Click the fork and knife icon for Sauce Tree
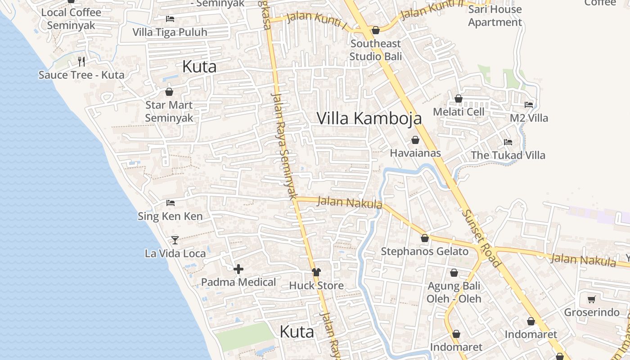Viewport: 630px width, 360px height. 81,61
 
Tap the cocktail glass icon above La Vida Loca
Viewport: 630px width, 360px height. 175,240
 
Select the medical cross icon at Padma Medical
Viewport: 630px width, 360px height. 238,269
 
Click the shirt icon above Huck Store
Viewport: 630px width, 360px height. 316,272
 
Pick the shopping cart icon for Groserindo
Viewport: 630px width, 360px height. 592,299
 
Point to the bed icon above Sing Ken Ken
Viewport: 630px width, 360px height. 170,203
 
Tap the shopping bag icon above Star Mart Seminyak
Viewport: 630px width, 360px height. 169,92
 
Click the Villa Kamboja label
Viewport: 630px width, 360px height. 369,118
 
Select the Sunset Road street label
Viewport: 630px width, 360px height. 481,238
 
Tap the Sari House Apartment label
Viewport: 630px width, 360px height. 495,16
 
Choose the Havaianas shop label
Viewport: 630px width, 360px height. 415,153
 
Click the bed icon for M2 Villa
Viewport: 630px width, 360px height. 529,105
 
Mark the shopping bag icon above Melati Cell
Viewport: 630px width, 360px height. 459,99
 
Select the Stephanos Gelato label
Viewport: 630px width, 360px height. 424,251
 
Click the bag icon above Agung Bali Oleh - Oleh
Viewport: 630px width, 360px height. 454,273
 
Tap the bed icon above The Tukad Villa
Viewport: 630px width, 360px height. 508,142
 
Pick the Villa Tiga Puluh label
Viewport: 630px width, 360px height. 170,32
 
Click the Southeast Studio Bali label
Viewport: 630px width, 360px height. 375,50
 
